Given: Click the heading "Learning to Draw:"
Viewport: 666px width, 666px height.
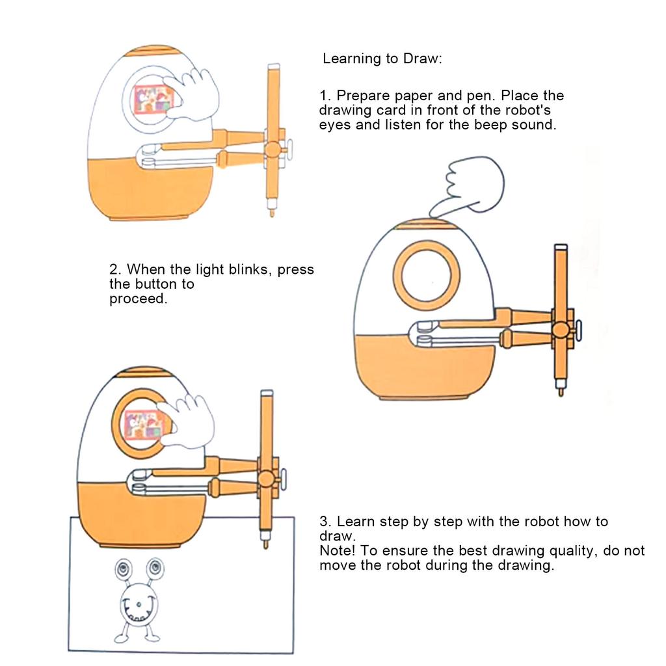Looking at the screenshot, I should point(382,59).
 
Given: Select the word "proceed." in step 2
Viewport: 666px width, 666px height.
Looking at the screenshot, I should point(138,299).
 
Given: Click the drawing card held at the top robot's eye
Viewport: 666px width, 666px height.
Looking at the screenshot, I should point(152,100).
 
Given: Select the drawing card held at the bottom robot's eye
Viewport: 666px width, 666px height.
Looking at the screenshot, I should point(144,424).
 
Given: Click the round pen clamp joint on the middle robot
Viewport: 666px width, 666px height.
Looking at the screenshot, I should point(561,330).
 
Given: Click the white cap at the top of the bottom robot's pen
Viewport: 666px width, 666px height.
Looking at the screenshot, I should point(265,393).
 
